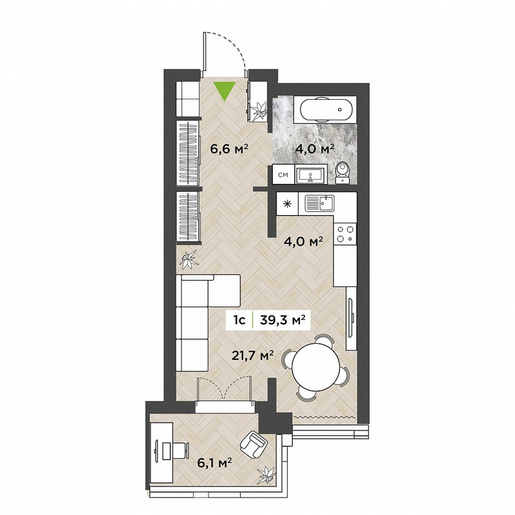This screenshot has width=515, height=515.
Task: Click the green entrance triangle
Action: click(x=224, y=90)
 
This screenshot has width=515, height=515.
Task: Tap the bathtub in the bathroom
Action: click(x=325, y=109)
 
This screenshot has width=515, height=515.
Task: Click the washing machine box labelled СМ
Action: click(x=283, y=174)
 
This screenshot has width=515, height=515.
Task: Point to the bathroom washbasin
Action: click(x=310, y=174)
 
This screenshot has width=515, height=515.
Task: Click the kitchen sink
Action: click(x=319, y=203)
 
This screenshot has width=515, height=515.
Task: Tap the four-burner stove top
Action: click(x=345, y=234)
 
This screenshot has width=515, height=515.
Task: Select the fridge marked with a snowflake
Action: click(x=287, y=204)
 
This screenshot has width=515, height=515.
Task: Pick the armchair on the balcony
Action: click(x=253, y=444)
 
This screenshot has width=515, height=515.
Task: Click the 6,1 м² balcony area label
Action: click(x=215, y=464)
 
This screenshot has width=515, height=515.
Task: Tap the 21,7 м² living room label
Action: click(x=253, y=356)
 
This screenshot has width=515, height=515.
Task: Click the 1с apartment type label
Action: click(x=239, y=319)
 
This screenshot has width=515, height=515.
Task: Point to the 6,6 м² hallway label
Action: click(x=229, y=149)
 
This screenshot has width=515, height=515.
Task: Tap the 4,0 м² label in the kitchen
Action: click(x=303, y=242)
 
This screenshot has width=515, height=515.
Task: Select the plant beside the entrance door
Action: click(x=259, y=110)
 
